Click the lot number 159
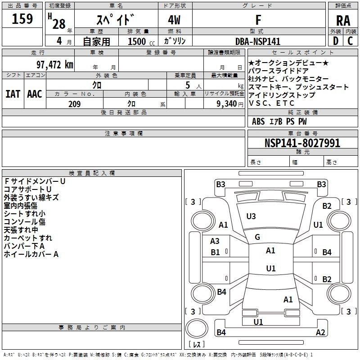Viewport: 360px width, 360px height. (22, 19)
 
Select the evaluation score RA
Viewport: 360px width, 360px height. (343, 20)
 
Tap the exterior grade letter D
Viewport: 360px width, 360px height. (335, 40)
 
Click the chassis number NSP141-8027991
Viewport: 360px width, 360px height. (302, 143)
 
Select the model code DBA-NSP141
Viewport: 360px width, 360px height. (258, 41)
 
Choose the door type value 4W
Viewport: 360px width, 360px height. (175, 20)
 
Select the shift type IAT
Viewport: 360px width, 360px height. (13, 94)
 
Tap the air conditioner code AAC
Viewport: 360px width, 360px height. (34, 94)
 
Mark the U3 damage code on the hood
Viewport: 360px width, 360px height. (251, 216)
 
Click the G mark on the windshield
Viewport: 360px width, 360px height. (257, 237)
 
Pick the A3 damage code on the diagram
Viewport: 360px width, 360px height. (215, 241)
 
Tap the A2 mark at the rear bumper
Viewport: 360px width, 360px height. (320, 333)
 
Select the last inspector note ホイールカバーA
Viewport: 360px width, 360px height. (31, 254)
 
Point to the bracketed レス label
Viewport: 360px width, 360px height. (197, 345)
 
